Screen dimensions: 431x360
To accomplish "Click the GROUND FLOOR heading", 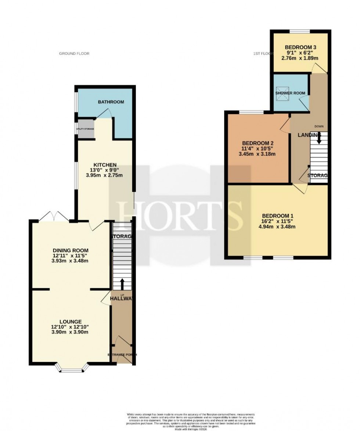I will [74, 54].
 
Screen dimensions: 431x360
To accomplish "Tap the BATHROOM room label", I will [111, 102].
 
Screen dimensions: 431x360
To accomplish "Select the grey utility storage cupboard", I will [85, 129].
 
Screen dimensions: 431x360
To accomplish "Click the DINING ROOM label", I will [70, 250].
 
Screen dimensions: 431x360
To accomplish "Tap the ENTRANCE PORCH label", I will [122, 355].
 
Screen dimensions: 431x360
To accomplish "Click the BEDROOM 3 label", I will [300, 47].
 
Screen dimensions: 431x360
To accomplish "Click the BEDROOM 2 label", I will [257, 143].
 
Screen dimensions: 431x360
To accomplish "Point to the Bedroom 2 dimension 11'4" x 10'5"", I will [257, 149].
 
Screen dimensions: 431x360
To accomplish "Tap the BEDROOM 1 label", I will [277, 215].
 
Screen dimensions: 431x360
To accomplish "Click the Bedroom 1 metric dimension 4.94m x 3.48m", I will [277, 227].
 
